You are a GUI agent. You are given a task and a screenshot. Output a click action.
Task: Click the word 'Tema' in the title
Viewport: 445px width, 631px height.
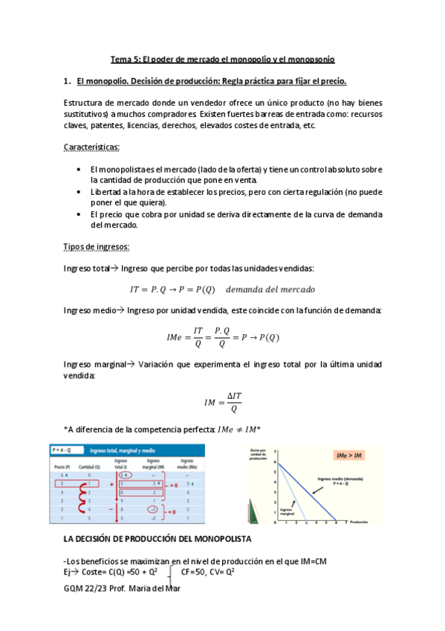(x=120, y=59)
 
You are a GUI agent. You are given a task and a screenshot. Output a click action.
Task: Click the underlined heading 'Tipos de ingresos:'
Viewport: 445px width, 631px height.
(x=97, y=246)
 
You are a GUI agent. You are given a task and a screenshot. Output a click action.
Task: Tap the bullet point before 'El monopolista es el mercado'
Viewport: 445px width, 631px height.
(x=79, y=170)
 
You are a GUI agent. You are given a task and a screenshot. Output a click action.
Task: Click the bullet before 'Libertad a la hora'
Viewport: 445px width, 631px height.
(x=79, y=191)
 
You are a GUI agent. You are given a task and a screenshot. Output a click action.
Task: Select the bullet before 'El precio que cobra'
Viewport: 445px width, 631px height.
(x=79, y=214)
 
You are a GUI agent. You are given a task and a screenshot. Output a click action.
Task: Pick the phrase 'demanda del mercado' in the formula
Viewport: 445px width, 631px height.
(x=270, y=289)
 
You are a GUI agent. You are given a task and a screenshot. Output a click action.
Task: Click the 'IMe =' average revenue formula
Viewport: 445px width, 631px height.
(x=222, y=337)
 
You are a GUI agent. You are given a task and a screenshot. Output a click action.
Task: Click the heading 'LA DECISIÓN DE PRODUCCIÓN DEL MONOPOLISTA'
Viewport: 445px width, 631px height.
(x=157, y=538)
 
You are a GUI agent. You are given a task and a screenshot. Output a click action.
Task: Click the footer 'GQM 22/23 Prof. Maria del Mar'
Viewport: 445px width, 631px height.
(x=122, y=589)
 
